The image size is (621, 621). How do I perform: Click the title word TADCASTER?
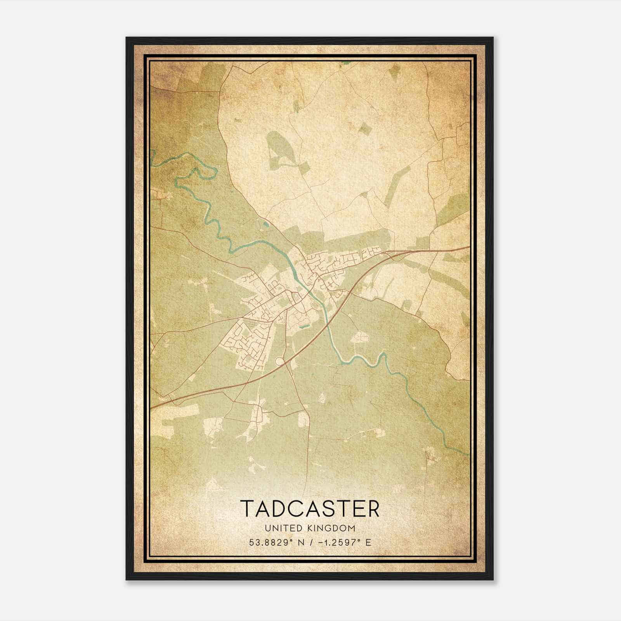[310, 508]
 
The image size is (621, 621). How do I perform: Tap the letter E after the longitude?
[368, 542]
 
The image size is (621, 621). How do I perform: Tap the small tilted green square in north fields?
[364, 128]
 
